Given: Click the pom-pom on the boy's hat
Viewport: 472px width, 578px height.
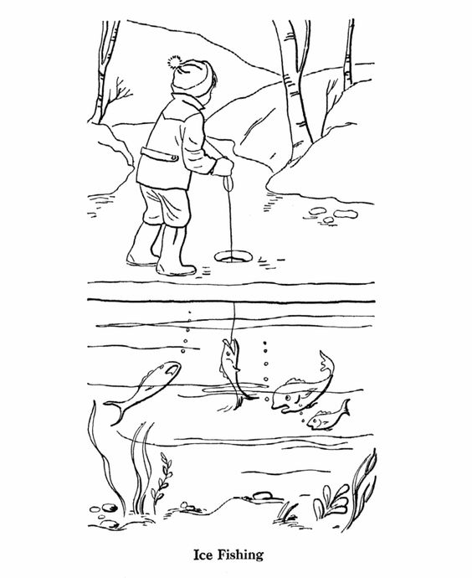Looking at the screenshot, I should click(x=174, y=60).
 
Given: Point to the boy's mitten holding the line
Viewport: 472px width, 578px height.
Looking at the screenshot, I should click(x=223, y=168).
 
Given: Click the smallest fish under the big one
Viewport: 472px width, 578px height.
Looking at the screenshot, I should click(x=327, y=417).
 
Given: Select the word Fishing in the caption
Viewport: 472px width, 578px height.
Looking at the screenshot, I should click(x=245, y=555).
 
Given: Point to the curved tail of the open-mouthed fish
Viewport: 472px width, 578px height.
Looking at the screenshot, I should click(x=324, y=362).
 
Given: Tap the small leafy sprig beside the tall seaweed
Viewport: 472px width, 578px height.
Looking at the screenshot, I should click(x=165, y=477).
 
